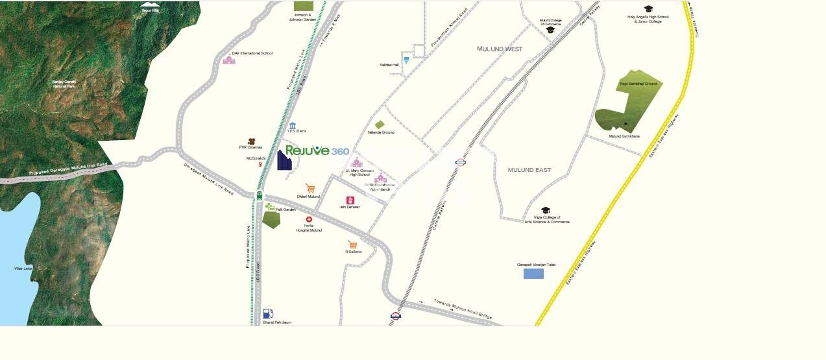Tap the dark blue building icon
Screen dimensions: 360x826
coord(284,160)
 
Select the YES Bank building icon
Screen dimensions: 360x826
coord(293,125)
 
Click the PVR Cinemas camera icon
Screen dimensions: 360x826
coord(251,141)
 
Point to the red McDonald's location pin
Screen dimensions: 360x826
coord(261,165)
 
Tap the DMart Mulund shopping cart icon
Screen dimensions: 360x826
coord(310,188)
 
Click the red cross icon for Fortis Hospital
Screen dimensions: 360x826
coord(309,220)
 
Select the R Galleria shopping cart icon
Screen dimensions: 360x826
coord(352,245)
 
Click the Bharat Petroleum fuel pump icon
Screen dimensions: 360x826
coord(268,314)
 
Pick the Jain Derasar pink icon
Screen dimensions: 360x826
coord(350,200)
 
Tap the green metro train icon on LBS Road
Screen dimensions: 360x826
coord(260,195)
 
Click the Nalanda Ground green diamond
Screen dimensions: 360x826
coord(380,125)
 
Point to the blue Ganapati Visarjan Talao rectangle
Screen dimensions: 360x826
coord(533,274)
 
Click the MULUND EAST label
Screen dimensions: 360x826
coord(529,170)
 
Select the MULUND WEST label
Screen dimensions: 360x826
coord(500,49)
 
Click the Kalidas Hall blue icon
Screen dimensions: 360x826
coord(406,60)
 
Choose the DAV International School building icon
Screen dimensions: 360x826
coord(228,60)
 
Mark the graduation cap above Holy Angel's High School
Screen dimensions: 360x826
coord(648,8)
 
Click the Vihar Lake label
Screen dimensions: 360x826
coord(23,269)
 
